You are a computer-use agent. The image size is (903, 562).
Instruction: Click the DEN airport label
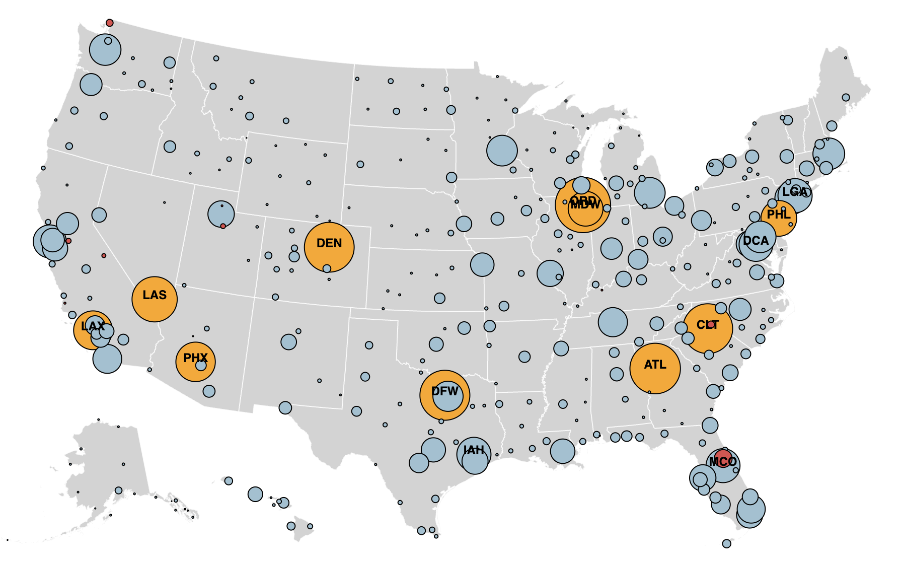(329, 243)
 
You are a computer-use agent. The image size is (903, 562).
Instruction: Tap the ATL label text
(655, 365)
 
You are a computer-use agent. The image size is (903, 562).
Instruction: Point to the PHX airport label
(195, 358)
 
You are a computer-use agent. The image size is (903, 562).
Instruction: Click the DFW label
(445, 391)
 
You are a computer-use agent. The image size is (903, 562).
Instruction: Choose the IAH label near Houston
(474, 450)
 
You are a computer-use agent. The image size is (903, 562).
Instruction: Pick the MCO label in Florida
(723, 462)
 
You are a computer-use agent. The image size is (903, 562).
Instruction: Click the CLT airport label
(708, 325)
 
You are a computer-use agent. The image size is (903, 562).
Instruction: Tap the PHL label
(779, 215)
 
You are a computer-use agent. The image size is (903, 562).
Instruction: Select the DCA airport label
(756, 241)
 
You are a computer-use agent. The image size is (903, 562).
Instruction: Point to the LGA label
(795, 192)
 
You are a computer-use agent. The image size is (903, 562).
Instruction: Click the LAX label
(93, 326)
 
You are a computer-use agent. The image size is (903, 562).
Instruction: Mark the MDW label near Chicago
(585, 205)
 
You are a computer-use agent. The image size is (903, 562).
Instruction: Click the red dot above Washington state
(110, 23)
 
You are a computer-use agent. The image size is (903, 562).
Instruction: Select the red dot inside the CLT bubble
(711, 325)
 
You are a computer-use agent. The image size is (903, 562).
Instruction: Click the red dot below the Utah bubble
(223, 226)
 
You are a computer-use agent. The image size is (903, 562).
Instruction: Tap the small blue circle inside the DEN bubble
(327, 268)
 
